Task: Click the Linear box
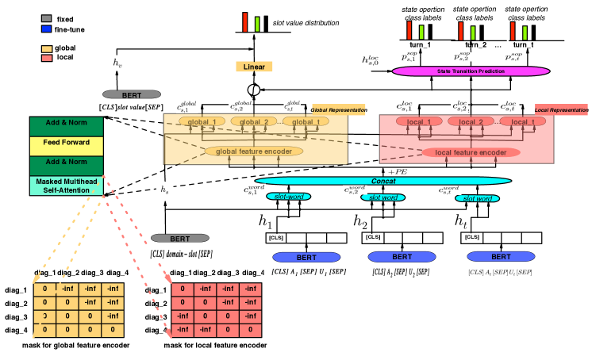coord(254,67)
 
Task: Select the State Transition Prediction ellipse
coord(471,71)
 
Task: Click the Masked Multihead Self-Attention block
coord(67,186)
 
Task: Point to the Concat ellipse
coord(383,181)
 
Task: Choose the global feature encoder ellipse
coord(255,151)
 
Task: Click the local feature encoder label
coord(471,152)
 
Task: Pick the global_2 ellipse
coord(258,122)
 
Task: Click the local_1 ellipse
coord(419,122)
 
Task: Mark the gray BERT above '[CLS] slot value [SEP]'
coord(132,94)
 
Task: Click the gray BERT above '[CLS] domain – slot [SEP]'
coord(180,238)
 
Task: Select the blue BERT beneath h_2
coord(402,257)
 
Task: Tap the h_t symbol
coord(461,222)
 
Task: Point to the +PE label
coord(397,171)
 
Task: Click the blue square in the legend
coord(46,29)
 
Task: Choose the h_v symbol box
coord(117,63)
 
